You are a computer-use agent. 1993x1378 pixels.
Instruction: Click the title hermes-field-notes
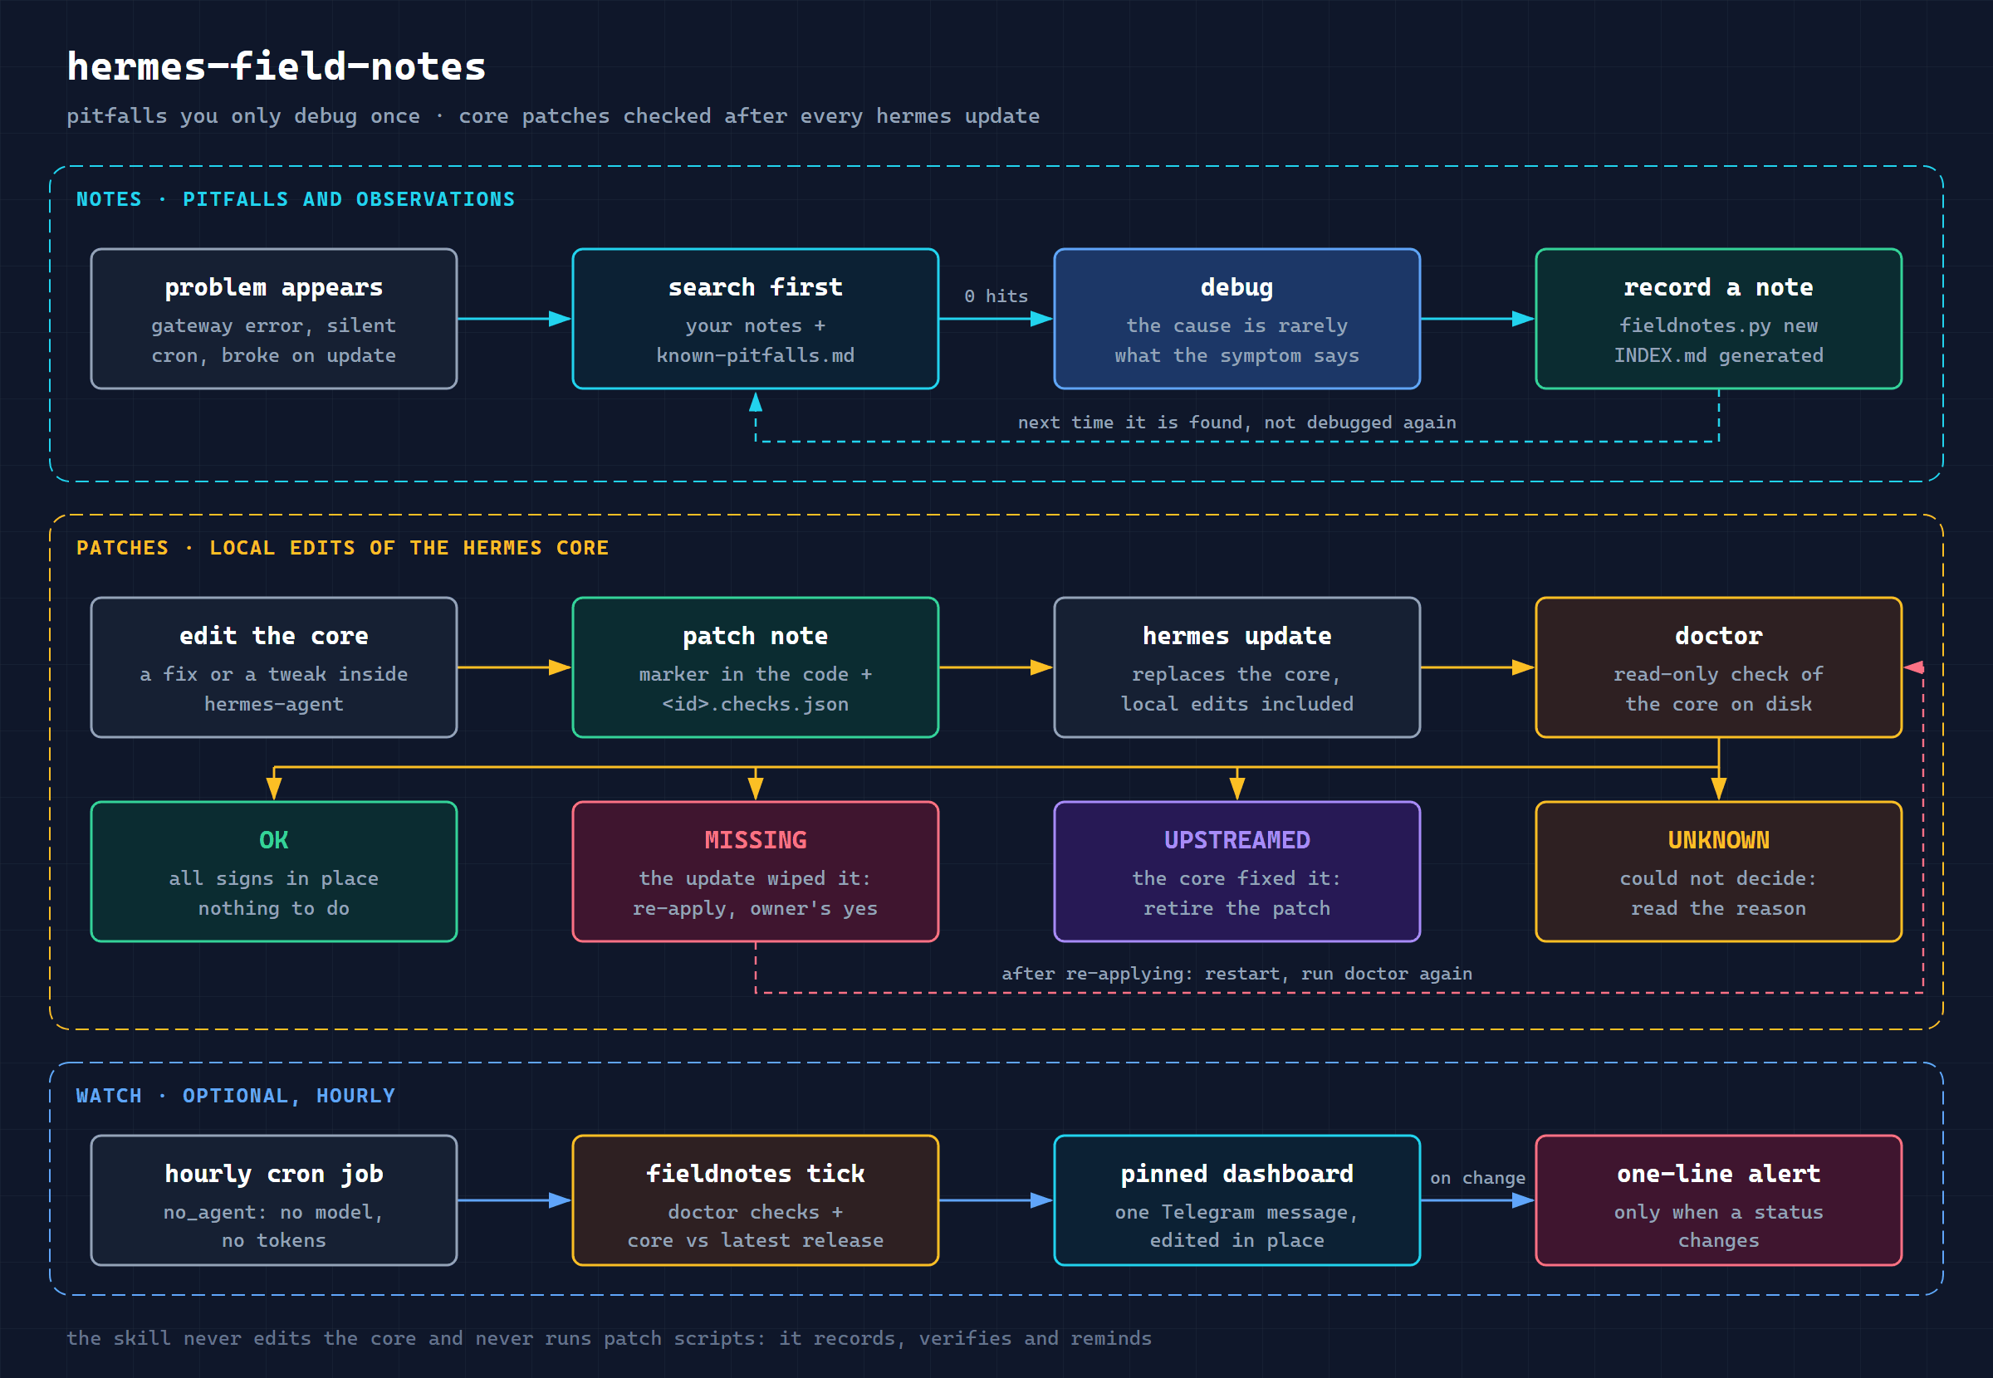(x=277, y=66)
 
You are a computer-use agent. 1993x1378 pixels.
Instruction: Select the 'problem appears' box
(x=274, y=319)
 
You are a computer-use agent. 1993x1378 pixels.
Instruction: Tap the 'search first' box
(x=756, y=319)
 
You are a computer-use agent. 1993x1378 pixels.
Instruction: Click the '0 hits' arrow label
(x=996, y=296)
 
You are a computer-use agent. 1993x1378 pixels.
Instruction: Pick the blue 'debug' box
(x=1236, y=319)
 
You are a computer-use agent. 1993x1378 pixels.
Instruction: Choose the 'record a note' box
(x=1718, y=319)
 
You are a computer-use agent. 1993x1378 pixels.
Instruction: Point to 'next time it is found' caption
(x=1236, y=423)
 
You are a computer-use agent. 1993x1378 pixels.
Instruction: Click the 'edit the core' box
(x=274, y=667)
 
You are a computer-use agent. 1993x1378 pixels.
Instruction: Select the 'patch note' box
(x=756, y=667)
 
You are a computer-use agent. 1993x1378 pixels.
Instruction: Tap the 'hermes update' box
(x=1236, y=667)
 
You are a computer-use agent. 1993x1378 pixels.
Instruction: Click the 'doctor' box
(x=1718, y=667)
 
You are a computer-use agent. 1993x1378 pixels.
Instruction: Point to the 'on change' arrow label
(x=1477, y=1178)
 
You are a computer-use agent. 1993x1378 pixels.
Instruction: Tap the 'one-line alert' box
(x=1718, y=1200)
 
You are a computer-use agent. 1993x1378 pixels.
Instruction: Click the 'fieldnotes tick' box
(x=756, y=1200)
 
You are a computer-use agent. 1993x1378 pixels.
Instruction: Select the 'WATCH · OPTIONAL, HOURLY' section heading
(x=236, y=1096)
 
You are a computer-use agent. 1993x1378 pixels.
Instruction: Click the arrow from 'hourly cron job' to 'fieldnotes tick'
(x=515, y=1200)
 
